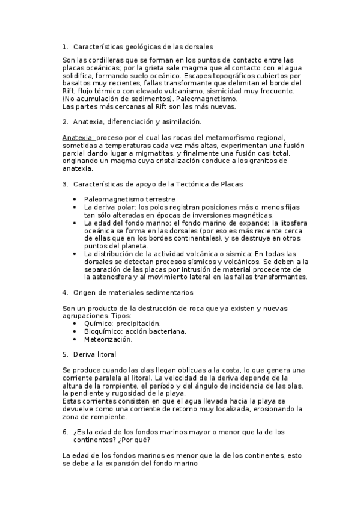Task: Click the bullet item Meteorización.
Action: [108, 339]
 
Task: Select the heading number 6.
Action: [65, 432]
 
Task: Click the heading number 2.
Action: [65, 122]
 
